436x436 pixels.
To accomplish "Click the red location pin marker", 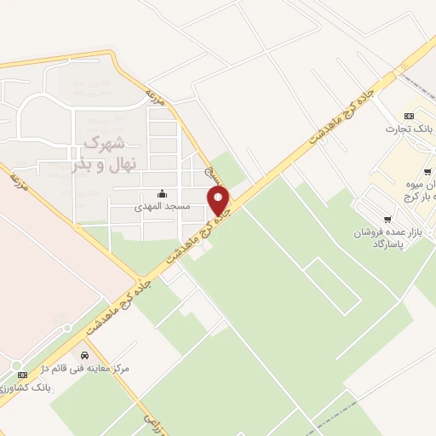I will (x=219, y=201).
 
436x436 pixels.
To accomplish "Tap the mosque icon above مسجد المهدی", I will (x=163, y=194).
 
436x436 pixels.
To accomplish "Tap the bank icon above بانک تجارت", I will (x=409, y=115).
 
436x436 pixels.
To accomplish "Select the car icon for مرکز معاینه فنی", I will (x=84, y=355).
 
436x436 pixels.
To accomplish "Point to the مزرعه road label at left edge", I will (x=17, y=181).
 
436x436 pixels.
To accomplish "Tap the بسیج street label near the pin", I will (x=208, y=174).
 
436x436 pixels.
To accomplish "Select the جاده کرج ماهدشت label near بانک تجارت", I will (x=341, y=115).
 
